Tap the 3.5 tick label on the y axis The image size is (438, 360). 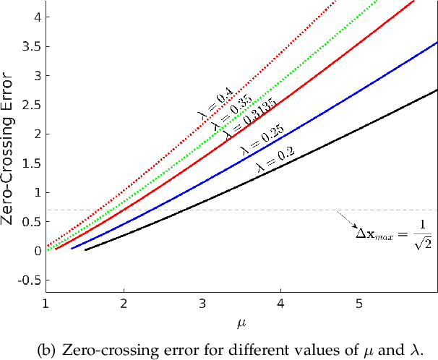[x=30, y=46]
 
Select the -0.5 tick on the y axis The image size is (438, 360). [x=29, y=280]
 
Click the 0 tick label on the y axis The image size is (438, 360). [x=35, y=251]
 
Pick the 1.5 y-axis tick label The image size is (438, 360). [x=30, y=163]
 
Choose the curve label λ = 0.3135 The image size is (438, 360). [x=228, y=119]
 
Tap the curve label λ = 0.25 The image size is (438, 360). [x=261, y=140]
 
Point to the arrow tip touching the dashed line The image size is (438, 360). [x=337, y=211]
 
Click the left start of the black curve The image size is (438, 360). [x=85, y=250]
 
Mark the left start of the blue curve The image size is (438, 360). [x=71, y=248]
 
